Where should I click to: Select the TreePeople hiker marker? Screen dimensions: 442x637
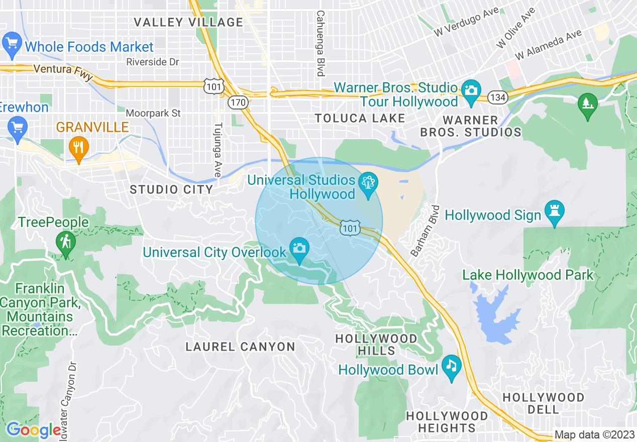(x=65, y=243)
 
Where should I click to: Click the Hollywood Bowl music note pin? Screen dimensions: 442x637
(x=452, y=367)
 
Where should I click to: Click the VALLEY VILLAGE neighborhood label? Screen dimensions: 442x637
(x=188, y=22)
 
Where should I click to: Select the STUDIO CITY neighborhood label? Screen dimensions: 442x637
(x=171, y=189)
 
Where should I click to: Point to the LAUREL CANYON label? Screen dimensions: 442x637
(x=240, y=347)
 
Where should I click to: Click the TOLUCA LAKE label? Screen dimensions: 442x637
(x=360, y=119)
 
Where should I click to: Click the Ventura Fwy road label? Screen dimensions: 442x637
(x=63, y=72)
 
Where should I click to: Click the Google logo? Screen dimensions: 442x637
(x=34, y=430)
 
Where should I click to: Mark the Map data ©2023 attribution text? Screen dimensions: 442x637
(x=594, y=434)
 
